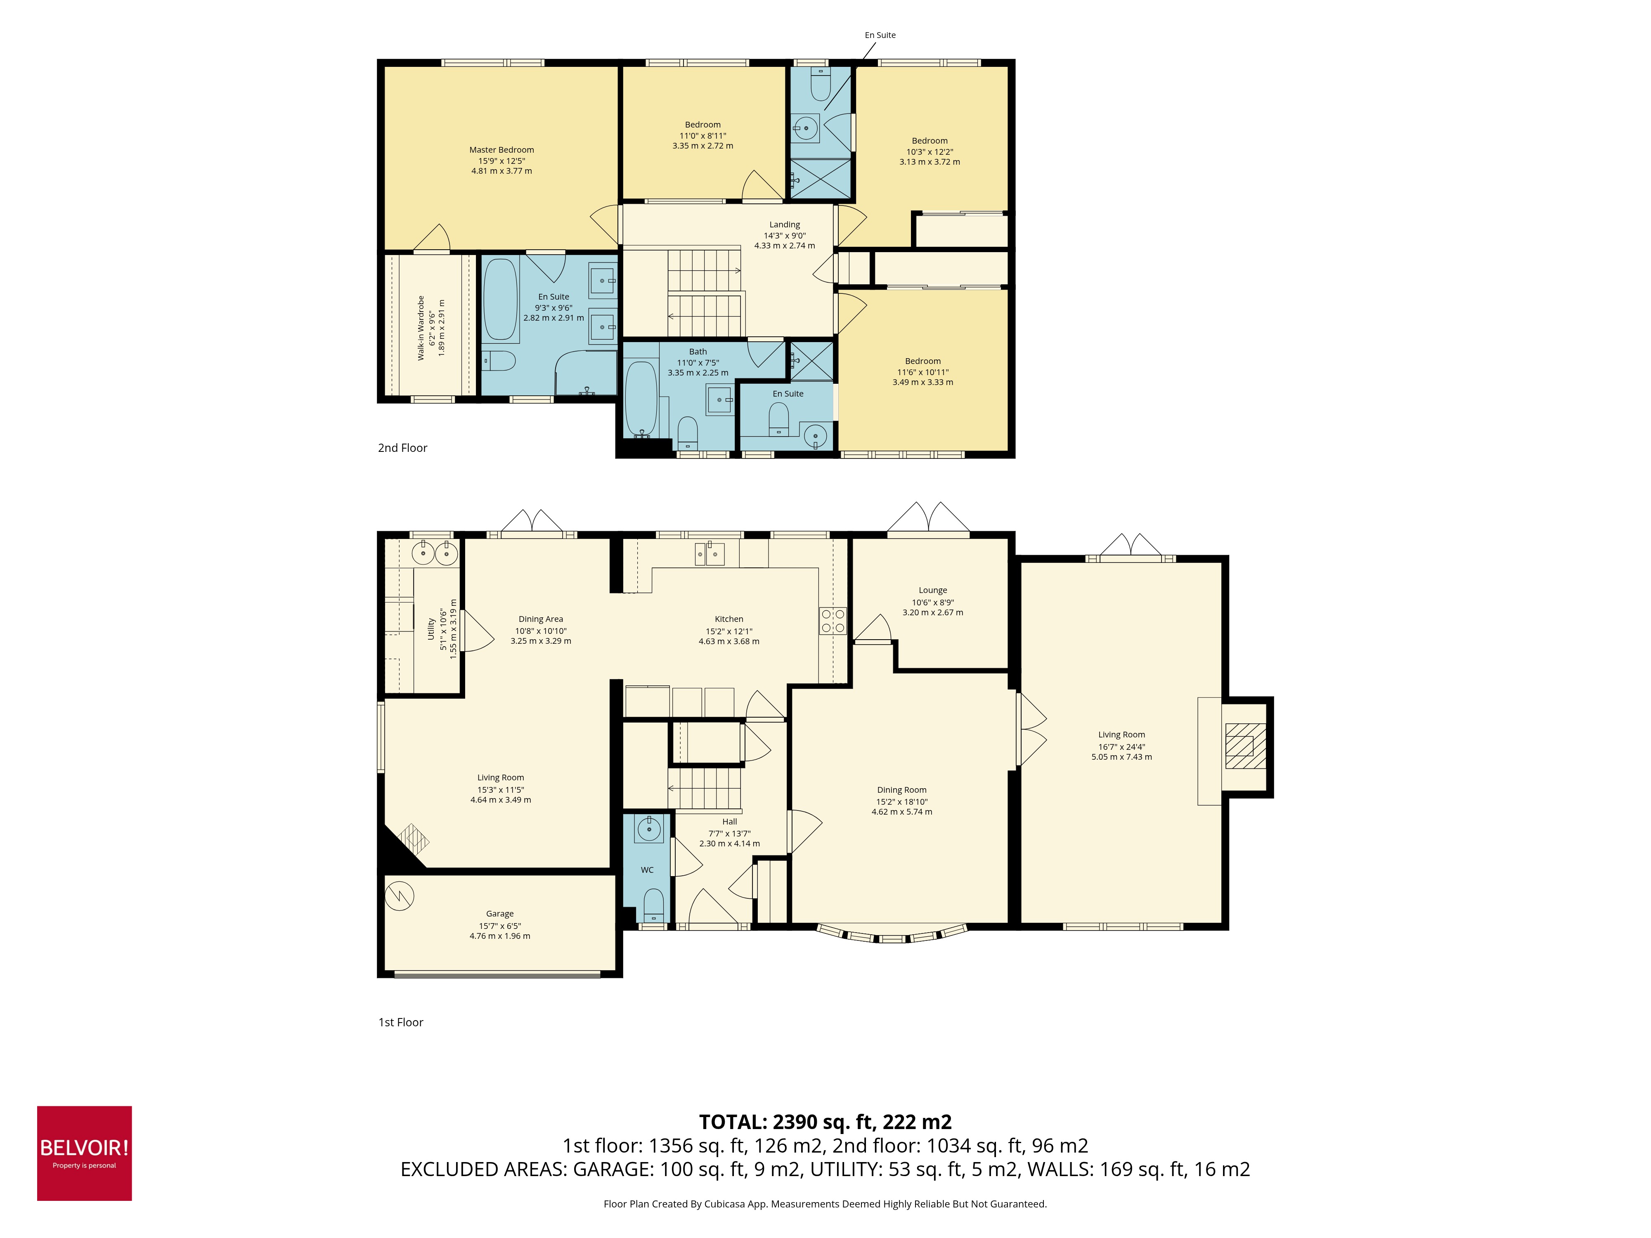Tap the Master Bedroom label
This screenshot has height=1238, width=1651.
point(501,150)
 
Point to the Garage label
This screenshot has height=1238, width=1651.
point(499,913)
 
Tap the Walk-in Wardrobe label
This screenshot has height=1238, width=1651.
point(421,328)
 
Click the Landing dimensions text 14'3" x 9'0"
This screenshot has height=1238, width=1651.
point(785,235)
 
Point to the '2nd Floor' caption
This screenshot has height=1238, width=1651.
point(402,448)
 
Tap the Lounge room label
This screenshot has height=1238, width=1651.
point(932,590)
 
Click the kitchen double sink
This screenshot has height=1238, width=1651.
point(709,554)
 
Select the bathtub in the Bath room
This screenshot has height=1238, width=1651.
point(641,399)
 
